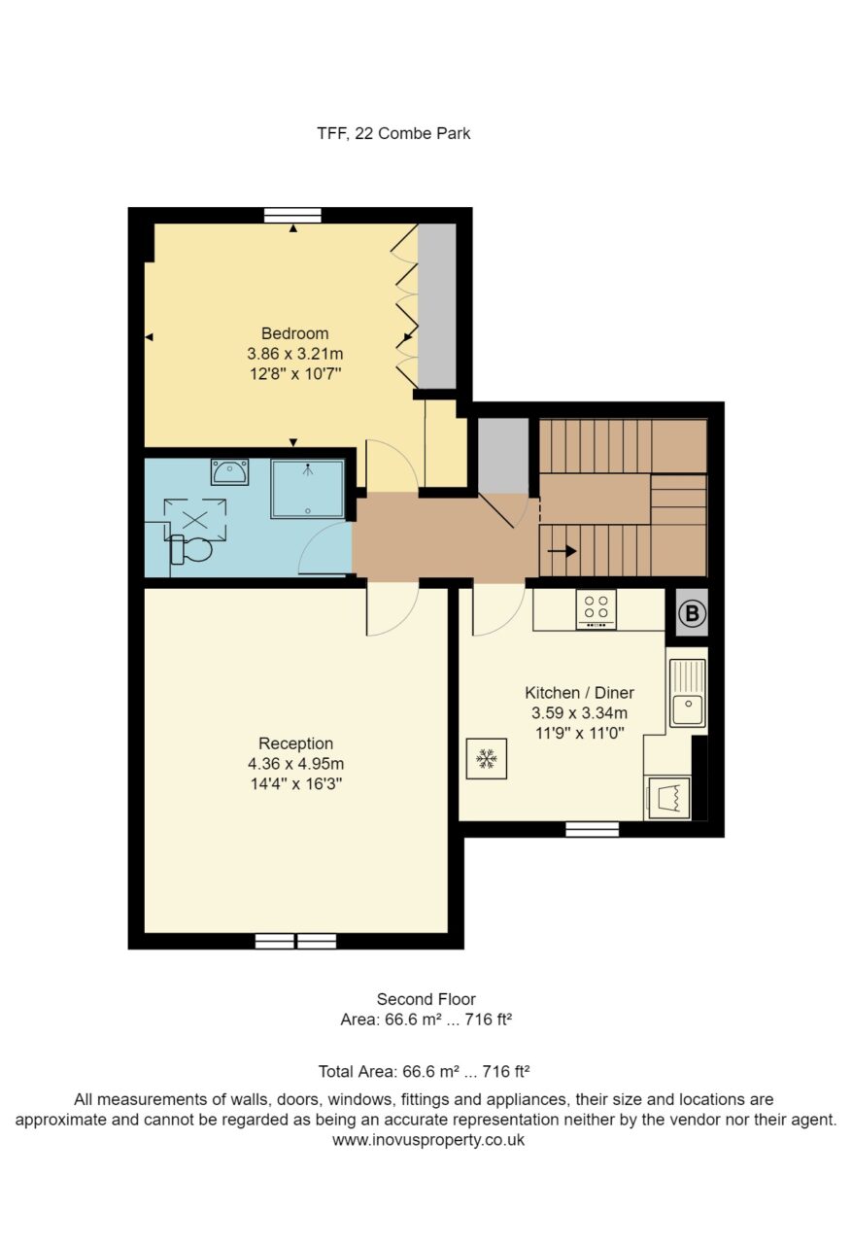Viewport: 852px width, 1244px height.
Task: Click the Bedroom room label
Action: click(x=294, y=333)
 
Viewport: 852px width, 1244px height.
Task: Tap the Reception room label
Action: click(x=296, y=743)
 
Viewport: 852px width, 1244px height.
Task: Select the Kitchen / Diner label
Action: click(x=579, y=693)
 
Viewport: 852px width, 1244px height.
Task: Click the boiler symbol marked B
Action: click(x=692, y=613)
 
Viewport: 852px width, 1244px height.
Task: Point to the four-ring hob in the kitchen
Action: click(x=596, y=609)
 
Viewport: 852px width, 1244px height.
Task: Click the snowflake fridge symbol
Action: click(x=486, y=759)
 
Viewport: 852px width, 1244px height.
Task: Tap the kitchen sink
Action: click(x=688, y=693)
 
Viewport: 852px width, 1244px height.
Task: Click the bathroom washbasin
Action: click(x=229, y=472)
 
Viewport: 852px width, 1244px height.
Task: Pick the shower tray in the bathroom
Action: click(x=308, y=489)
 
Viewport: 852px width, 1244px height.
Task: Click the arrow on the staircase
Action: click(x=562, y=551)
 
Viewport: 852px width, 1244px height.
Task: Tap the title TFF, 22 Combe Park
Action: click(x=393, y=133)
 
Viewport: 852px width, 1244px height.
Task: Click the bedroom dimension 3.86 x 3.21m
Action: click(x=294, y=353)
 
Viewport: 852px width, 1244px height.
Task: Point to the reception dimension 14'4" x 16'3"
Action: click(x=296, y=783)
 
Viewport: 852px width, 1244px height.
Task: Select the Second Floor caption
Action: click(x=426, y=999)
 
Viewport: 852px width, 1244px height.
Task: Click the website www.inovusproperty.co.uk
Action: click(x=427, y=1140)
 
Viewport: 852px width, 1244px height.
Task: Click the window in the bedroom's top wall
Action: click(x=292, y=216)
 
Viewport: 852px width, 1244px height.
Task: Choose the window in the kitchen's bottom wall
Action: click(x=593, y=830)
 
